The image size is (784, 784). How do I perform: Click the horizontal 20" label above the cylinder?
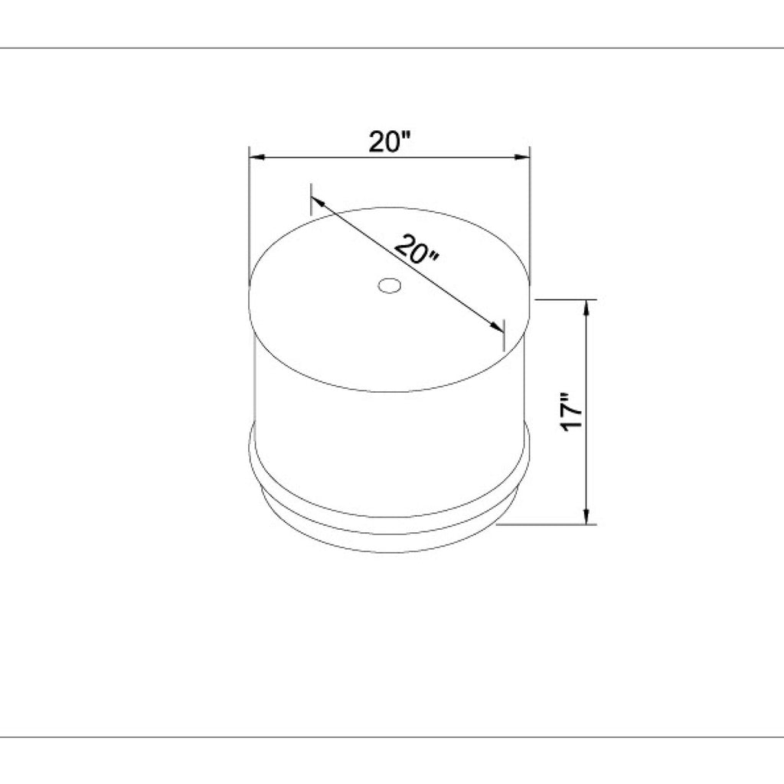tap(390, 142)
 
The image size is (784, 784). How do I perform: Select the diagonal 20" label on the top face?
tap(416, 250)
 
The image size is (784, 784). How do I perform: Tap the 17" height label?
tap(571, 412)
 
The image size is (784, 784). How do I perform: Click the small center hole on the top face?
tap(390, 286)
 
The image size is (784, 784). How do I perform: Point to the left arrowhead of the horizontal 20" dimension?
tap(256, 157)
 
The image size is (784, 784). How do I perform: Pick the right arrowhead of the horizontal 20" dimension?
tap(522, 157)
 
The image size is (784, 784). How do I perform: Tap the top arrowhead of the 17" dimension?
tap(587, 307)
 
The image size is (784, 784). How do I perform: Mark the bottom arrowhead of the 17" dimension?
tap(587, 517)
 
